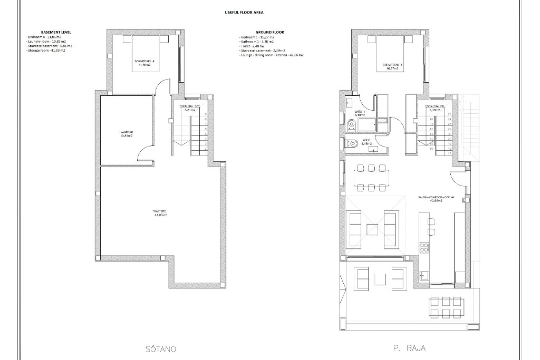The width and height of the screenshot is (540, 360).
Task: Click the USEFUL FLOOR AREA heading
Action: pyautogui.click(x=244, y=12)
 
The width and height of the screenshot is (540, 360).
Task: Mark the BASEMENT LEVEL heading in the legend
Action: pyautogui.click(x=56, y=32)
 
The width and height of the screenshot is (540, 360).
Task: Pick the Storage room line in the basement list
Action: pyautogui.click(x=46, y=50)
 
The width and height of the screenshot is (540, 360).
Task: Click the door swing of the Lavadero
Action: pyautogui.click(x=145, y=154)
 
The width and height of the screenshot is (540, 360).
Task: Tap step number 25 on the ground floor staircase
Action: pyautogui.click(x=449, y=114)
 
